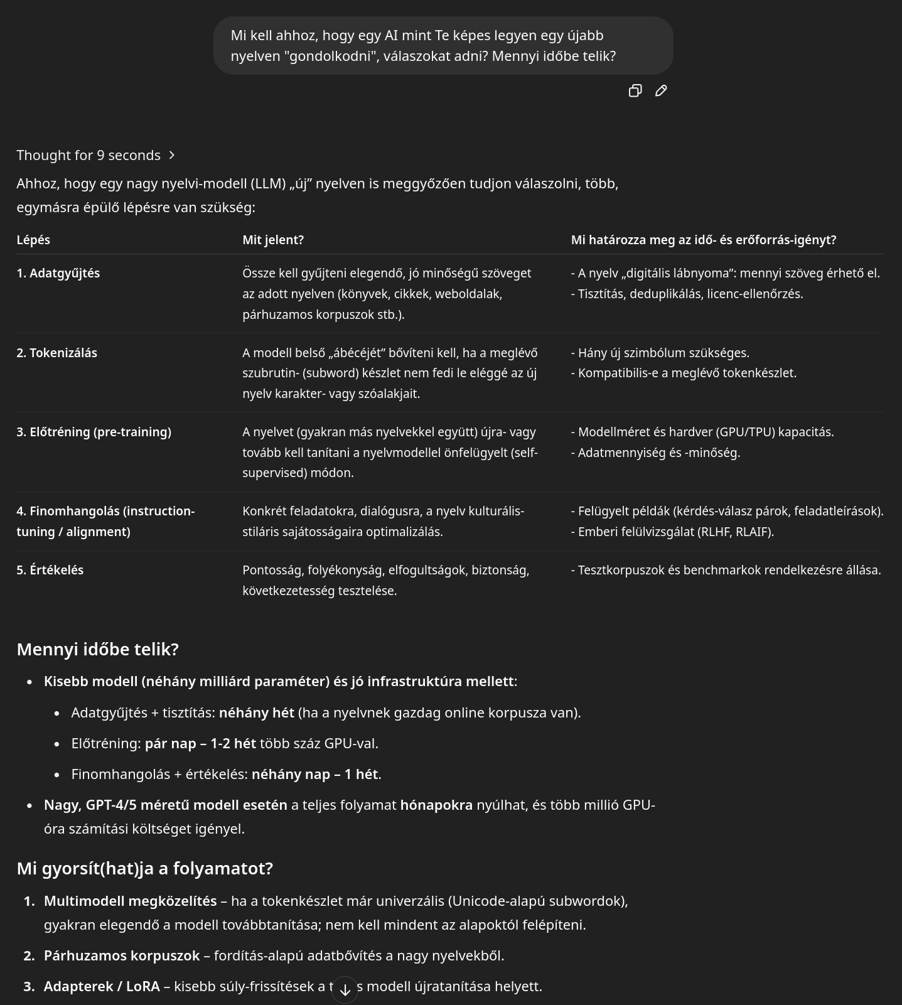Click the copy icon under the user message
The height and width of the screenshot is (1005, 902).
tap(635, 91)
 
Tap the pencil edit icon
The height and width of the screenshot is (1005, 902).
tap(661, 91)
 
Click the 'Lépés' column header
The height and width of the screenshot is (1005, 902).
tap(33, 240)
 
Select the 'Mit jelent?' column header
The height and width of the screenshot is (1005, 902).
tap(273, 240)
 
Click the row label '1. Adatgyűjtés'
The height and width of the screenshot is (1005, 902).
tap(58, 273)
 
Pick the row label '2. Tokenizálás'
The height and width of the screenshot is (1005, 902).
tap(57, 353)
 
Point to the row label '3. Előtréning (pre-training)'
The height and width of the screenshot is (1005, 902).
tap(94, 432)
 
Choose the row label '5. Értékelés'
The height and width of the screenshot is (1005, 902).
tap(50, 570)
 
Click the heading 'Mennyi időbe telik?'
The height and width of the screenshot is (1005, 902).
tap(98, 649)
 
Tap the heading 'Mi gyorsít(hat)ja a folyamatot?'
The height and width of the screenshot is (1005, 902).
tap(145, 868)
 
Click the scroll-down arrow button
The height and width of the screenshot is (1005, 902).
tap(345, 990)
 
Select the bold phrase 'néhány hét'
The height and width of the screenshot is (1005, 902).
tap(257, 712)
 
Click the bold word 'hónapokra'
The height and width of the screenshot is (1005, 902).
tap(436, 805)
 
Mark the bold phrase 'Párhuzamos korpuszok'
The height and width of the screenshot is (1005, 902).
tap(122, 955)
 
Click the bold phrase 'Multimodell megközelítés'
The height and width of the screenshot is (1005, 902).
tap(130, 901)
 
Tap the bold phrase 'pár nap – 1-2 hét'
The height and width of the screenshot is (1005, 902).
tap(200, 743)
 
